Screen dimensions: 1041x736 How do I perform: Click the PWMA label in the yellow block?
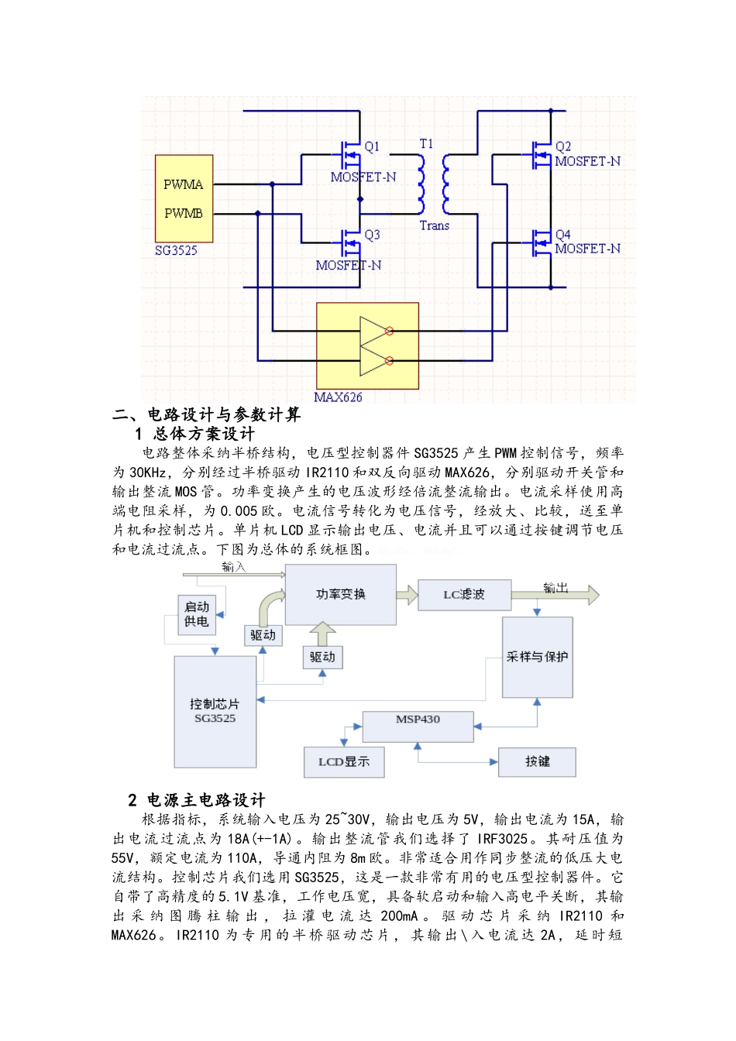click(183, 184)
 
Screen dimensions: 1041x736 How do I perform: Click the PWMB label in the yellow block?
click(183, 213)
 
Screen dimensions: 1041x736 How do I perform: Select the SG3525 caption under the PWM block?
click(176, 250)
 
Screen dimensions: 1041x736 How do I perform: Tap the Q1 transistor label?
click(372, 146)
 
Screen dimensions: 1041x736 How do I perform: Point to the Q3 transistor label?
click(372, 235)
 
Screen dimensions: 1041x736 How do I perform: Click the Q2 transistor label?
click(563, 146)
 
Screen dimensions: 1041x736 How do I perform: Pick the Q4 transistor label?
click(563, 235)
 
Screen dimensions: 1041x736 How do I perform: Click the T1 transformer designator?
click(426, 144)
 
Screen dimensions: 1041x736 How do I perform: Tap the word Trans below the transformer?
click(434, 225)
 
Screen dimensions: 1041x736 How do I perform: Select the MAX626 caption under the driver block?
click(338, 397)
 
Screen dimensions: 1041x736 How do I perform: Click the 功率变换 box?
click(341, 594)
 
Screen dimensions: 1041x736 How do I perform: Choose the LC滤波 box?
click(464, 594)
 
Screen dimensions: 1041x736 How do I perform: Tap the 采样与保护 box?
click(537, 657)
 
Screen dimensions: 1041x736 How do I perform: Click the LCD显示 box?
click(344, 762)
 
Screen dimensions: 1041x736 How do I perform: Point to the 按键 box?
click(537, 762)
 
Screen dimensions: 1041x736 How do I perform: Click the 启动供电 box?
click(197, 614)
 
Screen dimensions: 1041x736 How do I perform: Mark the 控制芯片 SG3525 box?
click(215, 711)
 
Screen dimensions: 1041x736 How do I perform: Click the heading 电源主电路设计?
click(205, 800)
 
